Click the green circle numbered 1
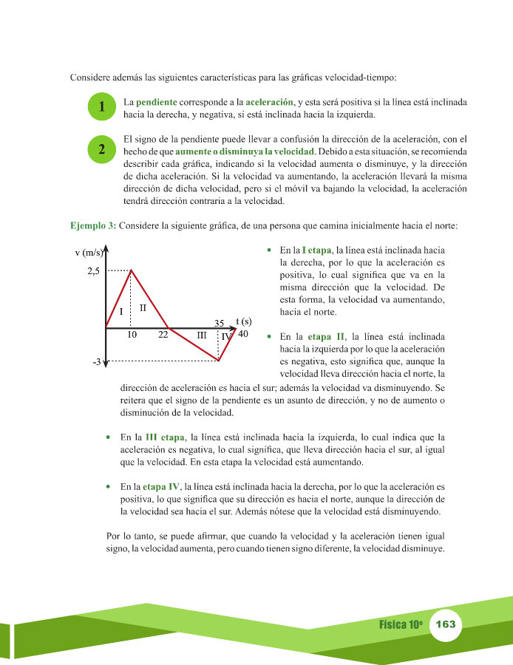coord(101,108)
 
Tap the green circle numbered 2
coord(101,149)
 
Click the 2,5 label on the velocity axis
coord(93,272)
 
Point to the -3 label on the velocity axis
coord(96,363)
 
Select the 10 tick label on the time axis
coord(132,335)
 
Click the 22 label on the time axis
coord(163,335)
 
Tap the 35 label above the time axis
coord(219,323)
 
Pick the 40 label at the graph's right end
coord(243,334)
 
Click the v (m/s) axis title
coord(89,253)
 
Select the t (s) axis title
coord(243,321)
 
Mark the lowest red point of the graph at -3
coord(219,361)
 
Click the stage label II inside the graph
coord(143,307)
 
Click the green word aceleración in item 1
coord(269,100)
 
